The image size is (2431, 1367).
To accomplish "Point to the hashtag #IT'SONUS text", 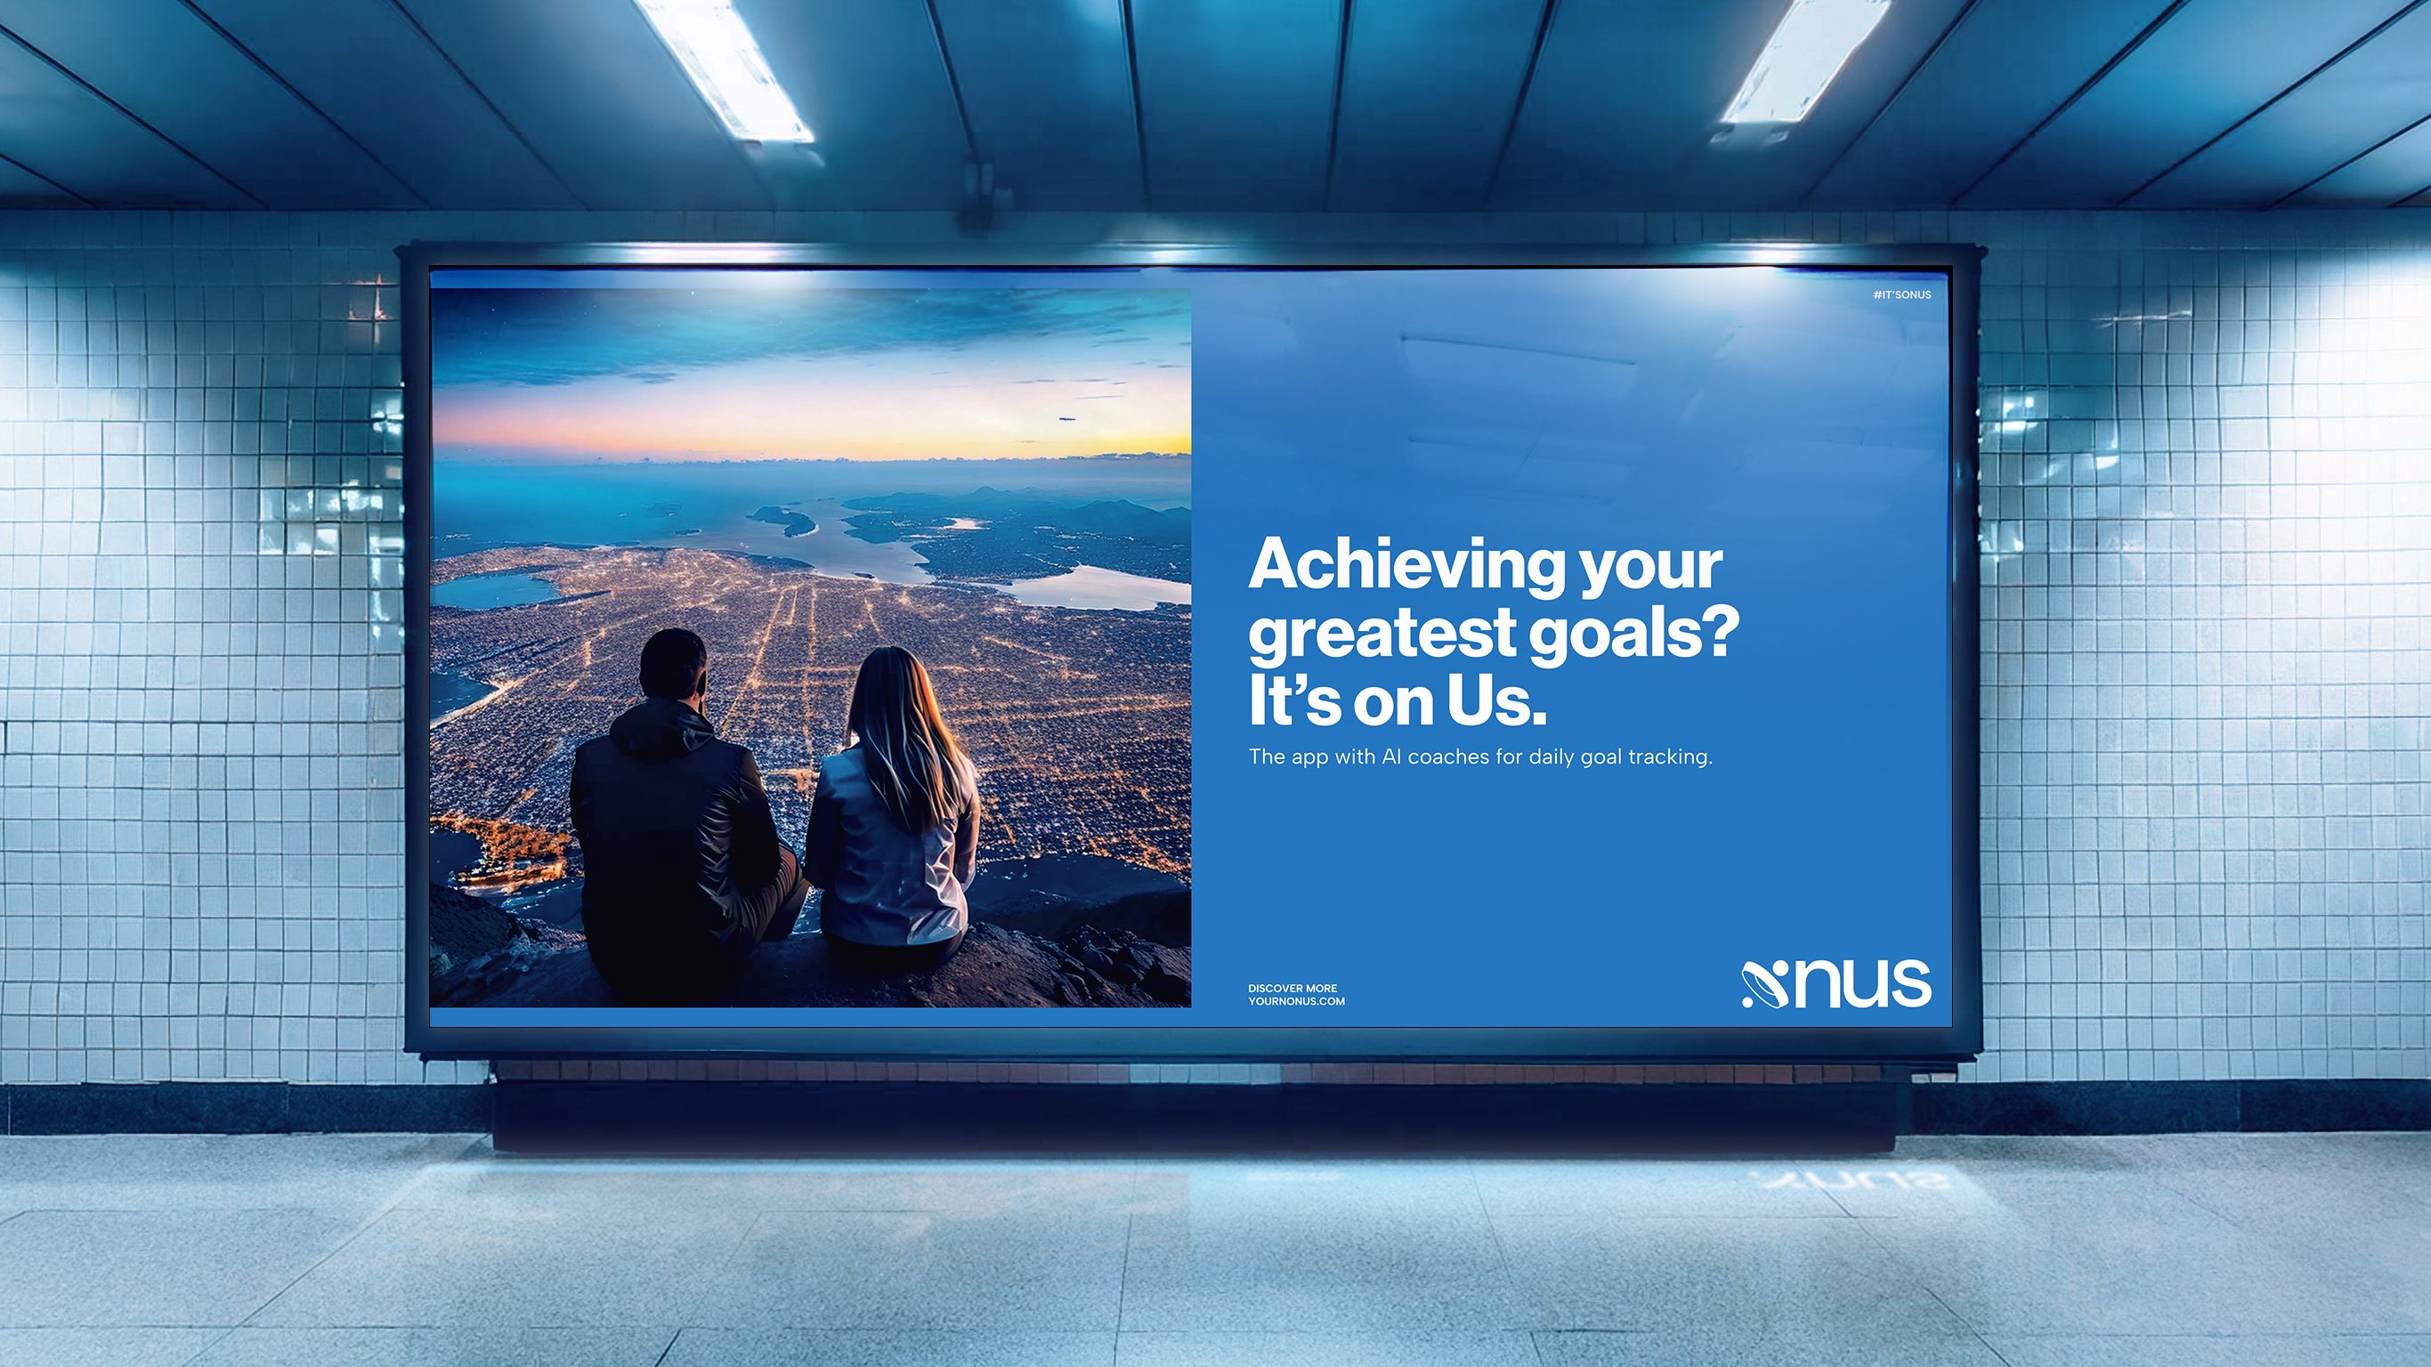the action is point(1901,295).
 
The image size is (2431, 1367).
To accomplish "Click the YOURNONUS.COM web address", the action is point(1297,1001).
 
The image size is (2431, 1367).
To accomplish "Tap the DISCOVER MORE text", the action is point(1292,989).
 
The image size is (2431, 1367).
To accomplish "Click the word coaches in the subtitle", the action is point(1446,756).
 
